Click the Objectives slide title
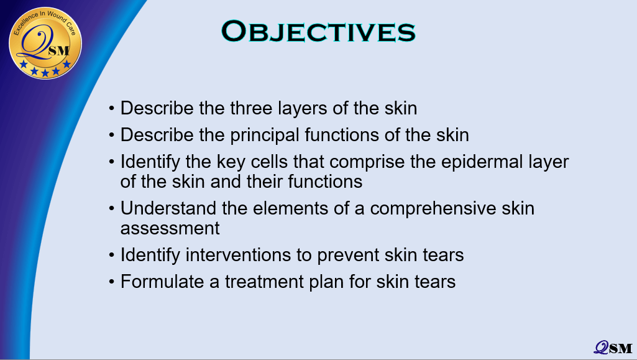318,31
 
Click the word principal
265,136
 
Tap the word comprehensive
433,209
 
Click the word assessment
170,228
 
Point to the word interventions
237,255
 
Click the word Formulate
162,282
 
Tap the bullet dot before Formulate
112,282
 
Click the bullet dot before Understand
112,209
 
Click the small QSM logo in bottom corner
613,348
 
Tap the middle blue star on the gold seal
45,73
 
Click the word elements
290,208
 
